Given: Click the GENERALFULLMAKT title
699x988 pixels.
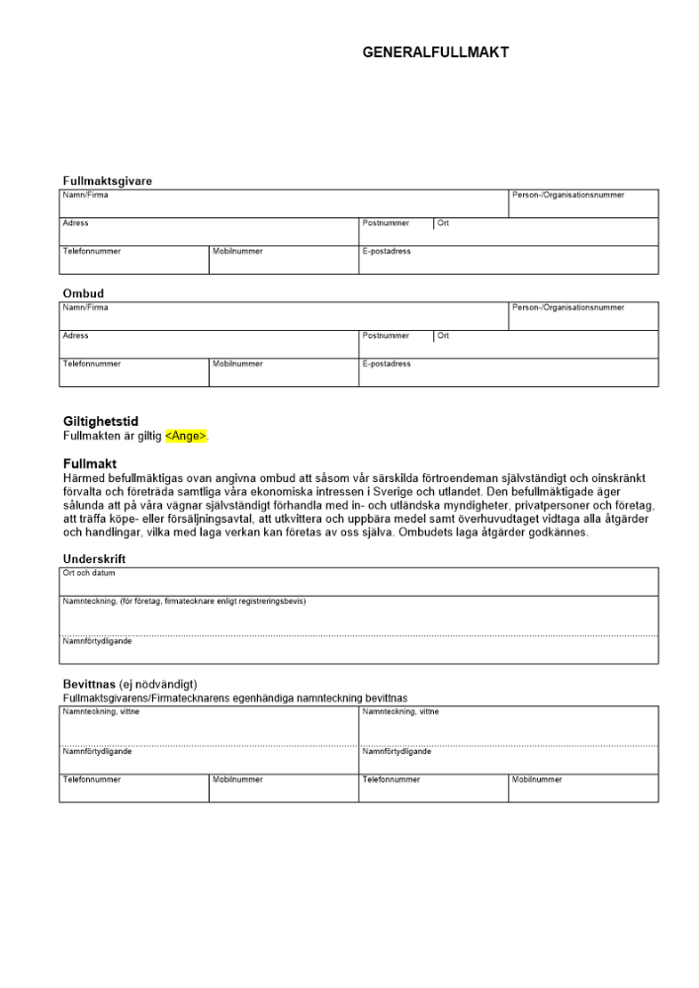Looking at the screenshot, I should [435, 53].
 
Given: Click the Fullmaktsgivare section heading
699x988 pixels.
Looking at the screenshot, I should [107, 181].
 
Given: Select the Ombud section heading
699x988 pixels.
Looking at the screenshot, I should [83, 293].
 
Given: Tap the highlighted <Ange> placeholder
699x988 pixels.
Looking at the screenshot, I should [186, 436].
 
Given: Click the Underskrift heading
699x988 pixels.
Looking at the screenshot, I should [94, 559].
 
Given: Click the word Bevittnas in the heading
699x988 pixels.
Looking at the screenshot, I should [89, 685].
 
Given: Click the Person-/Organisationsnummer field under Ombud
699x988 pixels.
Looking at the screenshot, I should [583, 317].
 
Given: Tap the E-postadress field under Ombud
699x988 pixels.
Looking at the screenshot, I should [508, 373].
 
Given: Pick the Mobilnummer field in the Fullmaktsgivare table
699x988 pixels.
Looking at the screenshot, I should [284, 261].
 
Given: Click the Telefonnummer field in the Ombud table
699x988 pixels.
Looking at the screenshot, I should [134, 373].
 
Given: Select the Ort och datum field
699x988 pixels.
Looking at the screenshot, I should [359, 583].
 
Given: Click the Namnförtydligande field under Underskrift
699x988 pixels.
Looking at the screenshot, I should [359, 651].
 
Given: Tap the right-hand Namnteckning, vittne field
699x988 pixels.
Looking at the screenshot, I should [508, 725].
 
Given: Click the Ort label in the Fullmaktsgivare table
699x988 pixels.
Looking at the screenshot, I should [443, 224].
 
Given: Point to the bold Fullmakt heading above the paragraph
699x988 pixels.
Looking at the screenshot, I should [90, 463].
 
